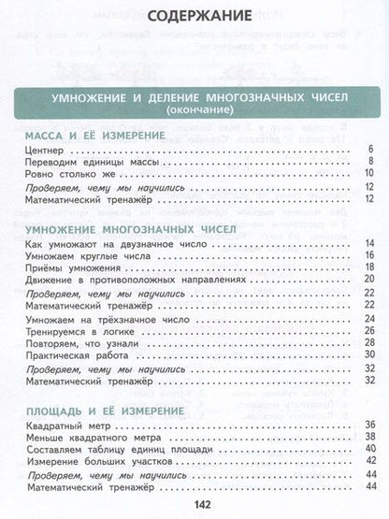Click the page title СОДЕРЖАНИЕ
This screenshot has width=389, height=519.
click(x=195, y=17)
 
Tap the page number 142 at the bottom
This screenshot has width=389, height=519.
click(x=195, y=506)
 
